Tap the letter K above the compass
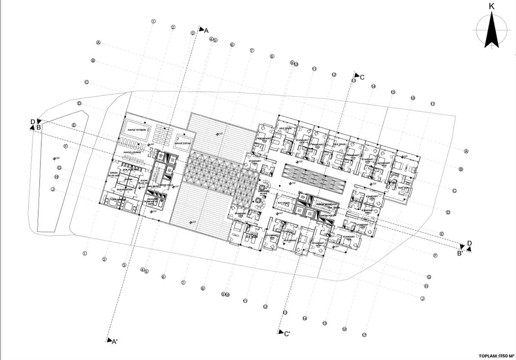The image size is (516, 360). pos(491,6)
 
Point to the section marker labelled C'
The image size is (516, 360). pos(284,333)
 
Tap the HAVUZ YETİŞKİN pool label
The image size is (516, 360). pos(135,130)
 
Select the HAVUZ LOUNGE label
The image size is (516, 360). pos(133,152)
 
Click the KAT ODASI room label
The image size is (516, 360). pos(283,202)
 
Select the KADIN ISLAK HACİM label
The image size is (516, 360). pos(142,182)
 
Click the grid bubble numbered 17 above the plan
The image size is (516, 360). pos(433,104)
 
